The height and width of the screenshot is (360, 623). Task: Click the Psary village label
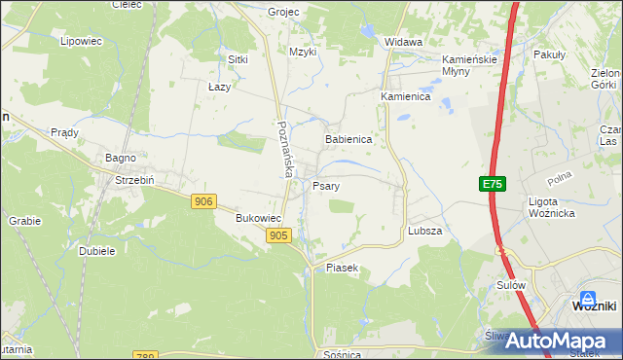click(x=325, y=185)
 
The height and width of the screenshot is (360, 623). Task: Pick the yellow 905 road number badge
click(x=277, y=235)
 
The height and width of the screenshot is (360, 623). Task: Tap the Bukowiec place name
click(x=258, y=219)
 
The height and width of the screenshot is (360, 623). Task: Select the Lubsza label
click(x=425, y=231)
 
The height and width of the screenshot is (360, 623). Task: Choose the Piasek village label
click(x=343, y=268)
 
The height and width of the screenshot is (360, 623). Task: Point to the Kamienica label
click(x=405, y=97)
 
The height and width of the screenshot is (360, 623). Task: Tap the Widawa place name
click(x=403, y=43)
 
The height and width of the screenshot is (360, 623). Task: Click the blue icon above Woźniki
click(x=588, y=298)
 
